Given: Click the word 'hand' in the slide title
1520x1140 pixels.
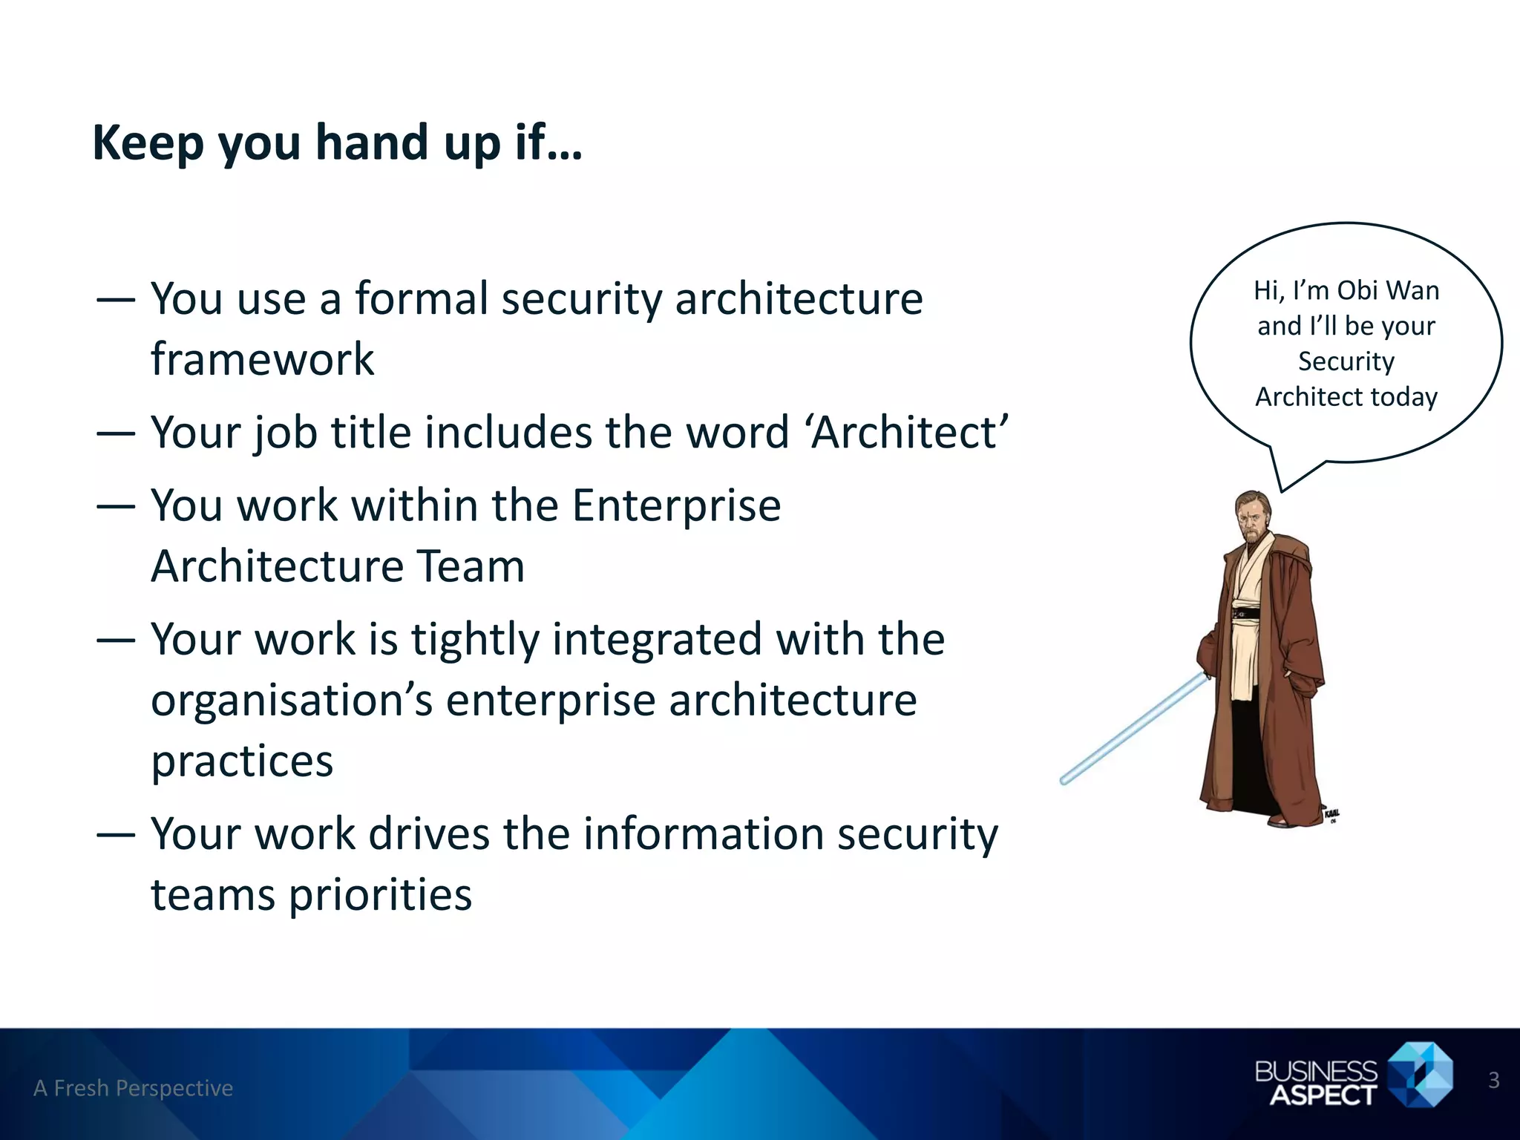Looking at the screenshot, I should click(371, 142).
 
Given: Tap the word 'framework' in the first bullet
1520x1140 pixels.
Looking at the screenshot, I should click(262, 360).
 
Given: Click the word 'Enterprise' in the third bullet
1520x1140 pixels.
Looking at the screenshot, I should click(676, 506).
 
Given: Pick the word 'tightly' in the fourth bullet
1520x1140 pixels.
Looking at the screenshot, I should click(475, 640).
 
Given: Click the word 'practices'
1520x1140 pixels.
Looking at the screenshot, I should click(242, 761).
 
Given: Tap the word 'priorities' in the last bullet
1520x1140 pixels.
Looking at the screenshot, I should click(380, 895).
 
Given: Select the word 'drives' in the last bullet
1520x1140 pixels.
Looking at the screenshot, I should click(429, 834).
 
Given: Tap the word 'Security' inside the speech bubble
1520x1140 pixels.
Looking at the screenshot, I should click(1346, 361).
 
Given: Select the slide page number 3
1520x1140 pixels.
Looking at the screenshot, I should click(1493, 1081).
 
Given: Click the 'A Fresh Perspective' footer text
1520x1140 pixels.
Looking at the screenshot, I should click(133, 1088).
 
